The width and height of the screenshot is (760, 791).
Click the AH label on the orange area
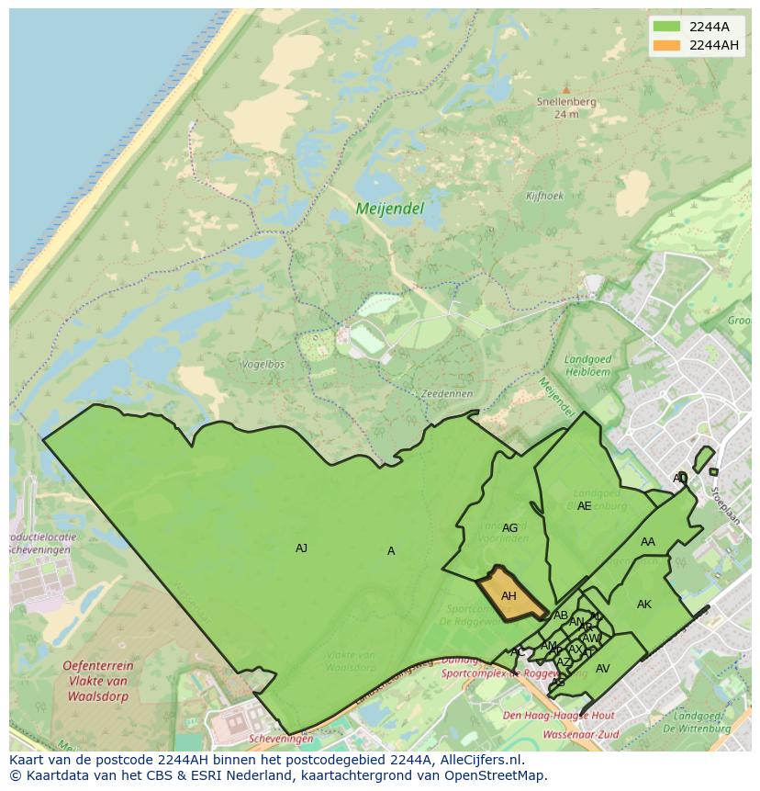coord(509,596)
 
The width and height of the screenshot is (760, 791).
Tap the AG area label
coord(510,528)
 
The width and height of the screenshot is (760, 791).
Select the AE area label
coord(585,506)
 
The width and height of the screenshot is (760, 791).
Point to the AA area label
coord(648,542)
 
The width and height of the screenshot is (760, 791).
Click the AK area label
coord(644,605)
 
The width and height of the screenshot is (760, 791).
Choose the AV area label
coord(603,669)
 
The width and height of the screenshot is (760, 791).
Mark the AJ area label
coord(301,548)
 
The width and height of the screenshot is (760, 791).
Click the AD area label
coord(680,478)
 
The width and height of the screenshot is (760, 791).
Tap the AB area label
coord(561,616)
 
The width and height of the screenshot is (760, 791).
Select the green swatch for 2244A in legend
coord(667,26)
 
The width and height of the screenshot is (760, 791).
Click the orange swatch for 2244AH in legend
coord(667,45)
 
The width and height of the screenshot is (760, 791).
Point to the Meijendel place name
coord(390,209)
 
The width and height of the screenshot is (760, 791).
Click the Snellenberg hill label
coord(566,102)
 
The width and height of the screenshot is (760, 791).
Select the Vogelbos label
coord(263,365)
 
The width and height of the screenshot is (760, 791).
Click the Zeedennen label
coord(446,393)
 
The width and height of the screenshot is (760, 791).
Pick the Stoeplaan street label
coord(725,505)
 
